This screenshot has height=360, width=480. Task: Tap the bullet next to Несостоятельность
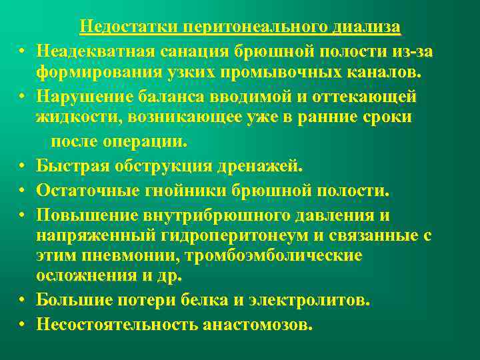pyautogui.click(x=22, y=325)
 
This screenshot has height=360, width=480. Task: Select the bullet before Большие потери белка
pyautogui.click(x=22, y=301)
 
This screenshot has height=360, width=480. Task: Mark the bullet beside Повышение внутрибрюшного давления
pyautogui.click(x=22, y=215)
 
